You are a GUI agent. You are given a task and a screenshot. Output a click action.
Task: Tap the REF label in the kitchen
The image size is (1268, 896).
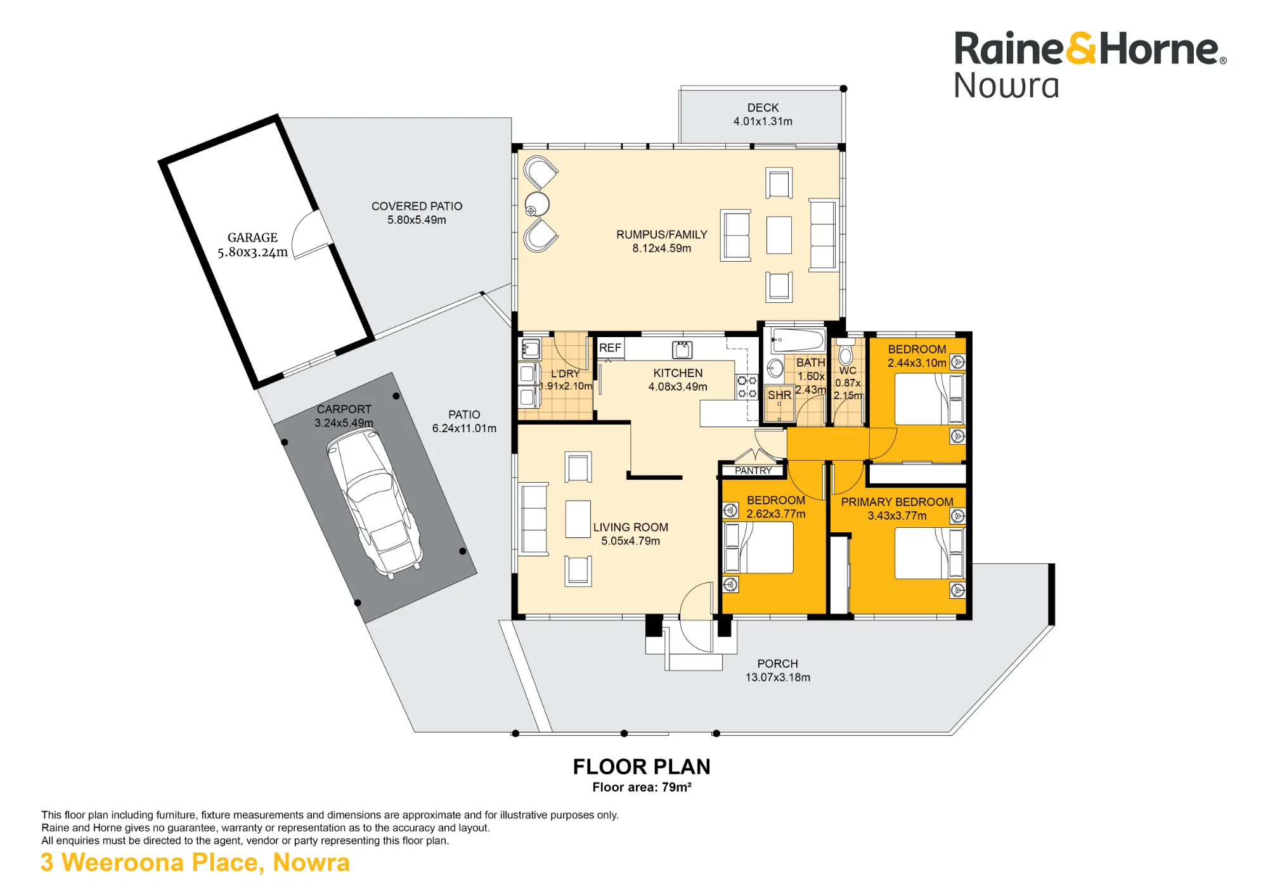coord(610,348)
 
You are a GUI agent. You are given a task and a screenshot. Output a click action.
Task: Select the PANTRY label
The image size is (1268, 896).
coord(753,471)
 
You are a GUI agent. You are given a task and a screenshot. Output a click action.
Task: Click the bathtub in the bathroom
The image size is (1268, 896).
coord(798,340)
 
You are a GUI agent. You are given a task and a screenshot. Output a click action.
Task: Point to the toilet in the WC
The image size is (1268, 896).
coord(846,352)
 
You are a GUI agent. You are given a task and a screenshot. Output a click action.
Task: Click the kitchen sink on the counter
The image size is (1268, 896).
coord(682,349)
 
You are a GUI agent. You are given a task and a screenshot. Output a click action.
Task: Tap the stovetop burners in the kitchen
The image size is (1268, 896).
coord(747,387)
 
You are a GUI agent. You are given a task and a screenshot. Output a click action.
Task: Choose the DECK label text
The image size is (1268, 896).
coord(763,108)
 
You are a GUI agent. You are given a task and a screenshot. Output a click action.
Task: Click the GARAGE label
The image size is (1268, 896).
coord(252,238)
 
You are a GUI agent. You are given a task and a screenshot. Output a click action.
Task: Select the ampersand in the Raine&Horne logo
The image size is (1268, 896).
coord(1082,49)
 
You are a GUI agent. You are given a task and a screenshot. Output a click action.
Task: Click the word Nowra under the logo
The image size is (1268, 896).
coord(1006,86)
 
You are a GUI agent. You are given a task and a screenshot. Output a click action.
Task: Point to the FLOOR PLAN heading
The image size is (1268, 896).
coord(642,767)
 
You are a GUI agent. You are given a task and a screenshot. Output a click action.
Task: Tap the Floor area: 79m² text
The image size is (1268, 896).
coord(642,787)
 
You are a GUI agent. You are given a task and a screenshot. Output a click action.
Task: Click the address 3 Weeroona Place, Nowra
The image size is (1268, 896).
coord(195,863)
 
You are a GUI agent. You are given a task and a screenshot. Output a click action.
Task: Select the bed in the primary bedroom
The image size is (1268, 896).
coord(929,553)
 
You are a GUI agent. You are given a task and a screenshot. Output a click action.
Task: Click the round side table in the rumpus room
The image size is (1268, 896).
coord(537,205)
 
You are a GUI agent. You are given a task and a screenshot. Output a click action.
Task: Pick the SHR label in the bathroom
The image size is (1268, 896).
coord(779,395)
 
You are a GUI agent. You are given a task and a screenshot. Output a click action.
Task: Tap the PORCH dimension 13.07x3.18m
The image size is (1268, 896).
coord(777,677)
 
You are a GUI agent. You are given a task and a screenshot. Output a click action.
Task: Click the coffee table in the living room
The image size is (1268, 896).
coord(578,519)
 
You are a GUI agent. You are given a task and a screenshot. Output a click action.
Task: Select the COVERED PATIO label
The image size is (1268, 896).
coord(417,206)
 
